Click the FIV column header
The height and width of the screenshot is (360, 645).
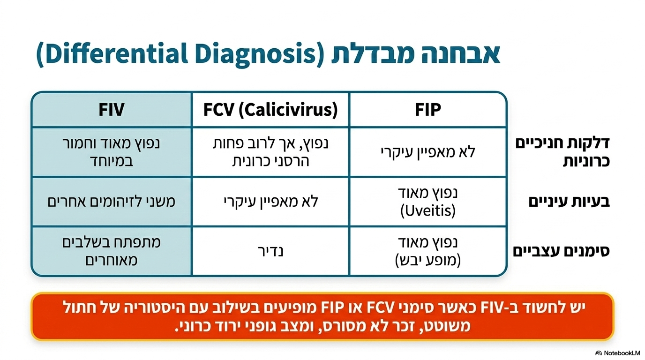tap(111, 109)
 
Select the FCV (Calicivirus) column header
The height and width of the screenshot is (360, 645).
tap(270, 110)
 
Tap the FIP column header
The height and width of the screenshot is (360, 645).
tap(428, 109)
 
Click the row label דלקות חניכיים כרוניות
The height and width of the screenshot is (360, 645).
tap(562, 152)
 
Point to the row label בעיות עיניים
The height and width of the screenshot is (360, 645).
tap(569, 201)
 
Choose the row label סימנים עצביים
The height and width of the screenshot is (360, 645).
tap(561, 251)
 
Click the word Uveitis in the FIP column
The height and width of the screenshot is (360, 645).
tap(428, 210)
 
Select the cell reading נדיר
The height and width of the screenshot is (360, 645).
tap(270, 251)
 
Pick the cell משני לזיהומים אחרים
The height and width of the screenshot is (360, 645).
tap(111, 201)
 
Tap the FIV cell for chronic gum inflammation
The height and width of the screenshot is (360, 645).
tap(111, 152)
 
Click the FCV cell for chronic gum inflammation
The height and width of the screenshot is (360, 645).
tap(270, 152)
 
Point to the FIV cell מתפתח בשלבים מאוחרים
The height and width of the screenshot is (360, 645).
tap(111, 251)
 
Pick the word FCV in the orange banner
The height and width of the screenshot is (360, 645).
tap(381, 308)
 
